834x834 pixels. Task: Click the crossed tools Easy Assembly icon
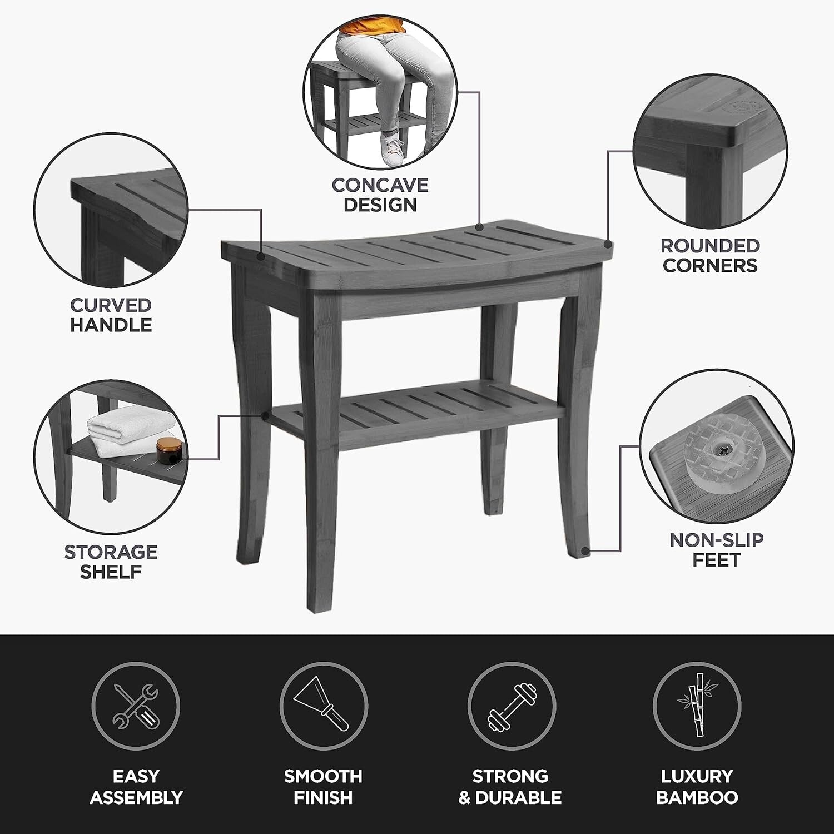tap(136, 706)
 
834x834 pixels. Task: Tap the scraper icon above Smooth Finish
tap(324, 706)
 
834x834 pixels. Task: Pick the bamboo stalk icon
tap(697, 706)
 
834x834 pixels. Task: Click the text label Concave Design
tap(380, 195)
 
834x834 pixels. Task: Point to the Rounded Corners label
tap(710, 255)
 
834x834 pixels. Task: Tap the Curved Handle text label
tap(111, 315)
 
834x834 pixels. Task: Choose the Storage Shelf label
tap(111, 562)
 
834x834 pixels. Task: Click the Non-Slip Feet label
tap(716, 550)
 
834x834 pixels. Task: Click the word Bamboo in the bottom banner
tap(697, 797)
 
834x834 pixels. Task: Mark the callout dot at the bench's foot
tap(584, 551)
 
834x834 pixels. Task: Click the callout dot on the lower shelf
tap(266, 415)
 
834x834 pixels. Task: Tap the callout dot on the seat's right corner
tap(608, 244)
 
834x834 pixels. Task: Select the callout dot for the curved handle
tap(261, 256)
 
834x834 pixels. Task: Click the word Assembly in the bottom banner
tap(136, 797)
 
